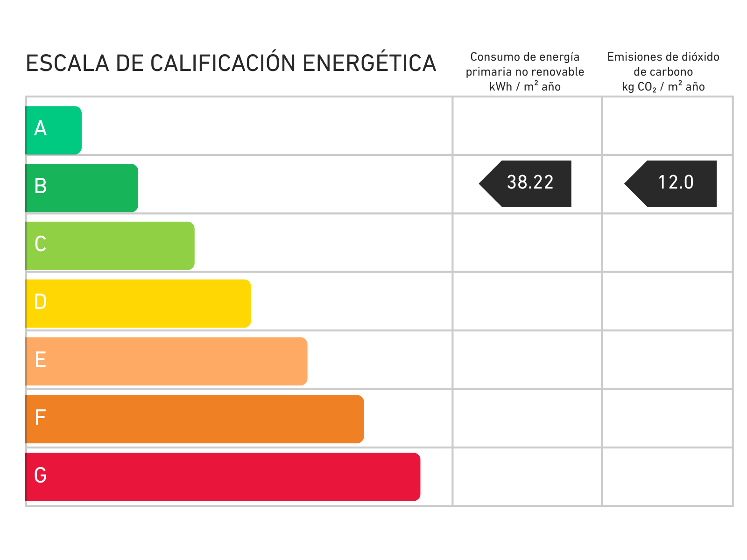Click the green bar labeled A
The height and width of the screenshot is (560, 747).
pos(53,130)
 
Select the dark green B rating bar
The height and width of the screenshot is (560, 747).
pos(82,188)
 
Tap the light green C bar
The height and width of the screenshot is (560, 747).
pos(110,246)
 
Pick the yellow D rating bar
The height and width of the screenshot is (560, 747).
pos(138,304)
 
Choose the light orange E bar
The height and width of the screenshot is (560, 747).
pos(166,361)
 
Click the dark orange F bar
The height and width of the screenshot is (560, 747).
pos(195,419)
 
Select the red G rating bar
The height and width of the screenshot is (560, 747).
pos(223,477)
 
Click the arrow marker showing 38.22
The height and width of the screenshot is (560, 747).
pos(525,183)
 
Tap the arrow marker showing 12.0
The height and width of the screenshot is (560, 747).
pos(670,183)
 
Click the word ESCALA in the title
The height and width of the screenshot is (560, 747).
pos(67,63)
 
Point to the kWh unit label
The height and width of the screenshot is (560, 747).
pos(500,87)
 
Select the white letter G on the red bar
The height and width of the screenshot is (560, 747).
pos(41,475)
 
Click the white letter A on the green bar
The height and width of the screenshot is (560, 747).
pos(41,128)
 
